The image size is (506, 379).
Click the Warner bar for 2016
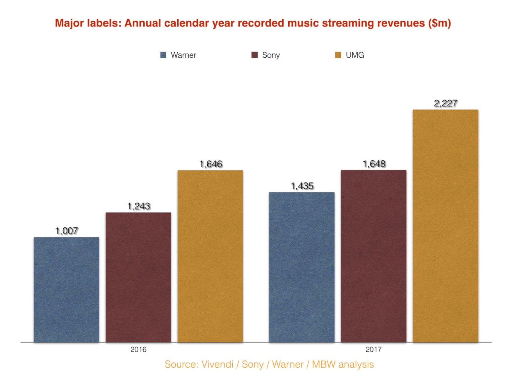click(x=66, y=289)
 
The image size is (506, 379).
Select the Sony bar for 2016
click(x=138, y=277)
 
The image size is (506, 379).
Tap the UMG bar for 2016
click(x=210, y=256)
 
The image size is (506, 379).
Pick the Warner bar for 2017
click(x=302, y=267)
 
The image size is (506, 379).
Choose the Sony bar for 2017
click(x=374, y=256)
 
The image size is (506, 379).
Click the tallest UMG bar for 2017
click(x=445, y=226)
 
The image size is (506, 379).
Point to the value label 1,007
click(x=67, y=231)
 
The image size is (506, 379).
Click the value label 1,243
click(x=139, y=206)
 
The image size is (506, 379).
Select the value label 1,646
click(x=211, y=164)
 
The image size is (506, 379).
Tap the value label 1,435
click(x=302, y=186)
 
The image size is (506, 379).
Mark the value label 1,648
click(x=374, y=164)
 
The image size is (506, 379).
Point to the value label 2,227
click(x=445, y=103)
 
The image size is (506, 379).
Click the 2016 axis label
click(x=138, y=349)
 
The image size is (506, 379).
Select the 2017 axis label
click(x=373, y=349)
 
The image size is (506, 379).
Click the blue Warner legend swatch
click(x=164, y=55)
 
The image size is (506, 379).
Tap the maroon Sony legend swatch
click(x=255, y=55)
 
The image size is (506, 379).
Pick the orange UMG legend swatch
click(x=338, y=55)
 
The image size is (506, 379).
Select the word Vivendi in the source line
click(x=217, y=364)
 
